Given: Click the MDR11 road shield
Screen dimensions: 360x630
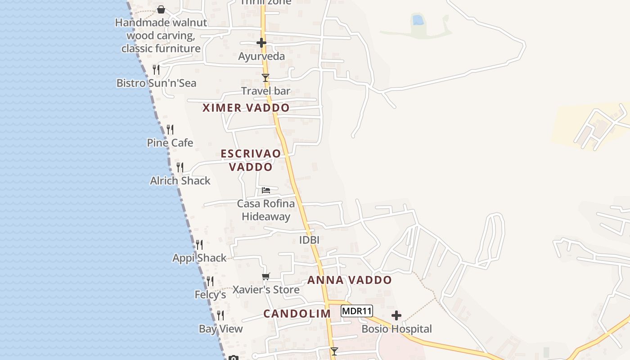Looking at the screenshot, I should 356,311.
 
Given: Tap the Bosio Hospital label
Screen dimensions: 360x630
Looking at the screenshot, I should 396,329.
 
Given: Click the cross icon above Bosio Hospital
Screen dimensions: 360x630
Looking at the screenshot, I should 396,315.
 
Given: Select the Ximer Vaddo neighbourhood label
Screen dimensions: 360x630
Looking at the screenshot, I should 246,108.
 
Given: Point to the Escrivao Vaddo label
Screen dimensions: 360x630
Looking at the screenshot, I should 251,160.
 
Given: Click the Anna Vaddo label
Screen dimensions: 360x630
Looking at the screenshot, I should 349,280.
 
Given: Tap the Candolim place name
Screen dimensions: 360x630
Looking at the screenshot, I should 297,314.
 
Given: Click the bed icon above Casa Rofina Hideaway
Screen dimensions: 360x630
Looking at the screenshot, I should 266,190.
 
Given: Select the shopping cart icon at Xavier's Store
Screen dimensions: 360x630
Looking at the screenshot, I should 266,276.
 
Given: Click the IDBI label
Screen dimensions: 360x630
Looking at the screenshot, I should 309,240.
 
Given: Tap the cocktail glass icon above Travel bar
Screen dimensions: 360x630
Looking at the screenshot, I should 265,78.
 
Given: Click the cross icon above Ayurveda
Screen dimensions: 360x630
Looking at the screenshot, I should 261,43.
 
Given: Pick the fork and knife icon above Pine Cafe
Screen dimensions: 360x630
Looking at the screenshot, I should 170,130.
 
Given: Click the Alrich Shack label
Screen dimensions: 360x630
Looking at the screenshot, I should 180,181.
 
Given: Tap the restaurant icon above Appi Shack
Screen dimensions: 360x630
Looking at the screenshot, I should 199,245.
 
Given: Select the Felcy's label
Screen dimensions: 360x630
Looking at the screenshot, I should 210,295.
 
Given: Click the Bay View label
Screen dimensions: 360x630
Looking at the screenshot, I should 220,329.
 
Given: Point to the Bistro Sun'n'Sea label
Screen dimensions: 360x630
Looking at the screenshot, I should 156,83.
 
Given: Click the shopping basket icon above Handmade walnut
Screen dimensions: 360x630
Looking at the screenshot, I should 161,9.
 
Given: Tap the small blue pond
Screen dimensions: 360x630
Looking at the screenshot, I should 418,20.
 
